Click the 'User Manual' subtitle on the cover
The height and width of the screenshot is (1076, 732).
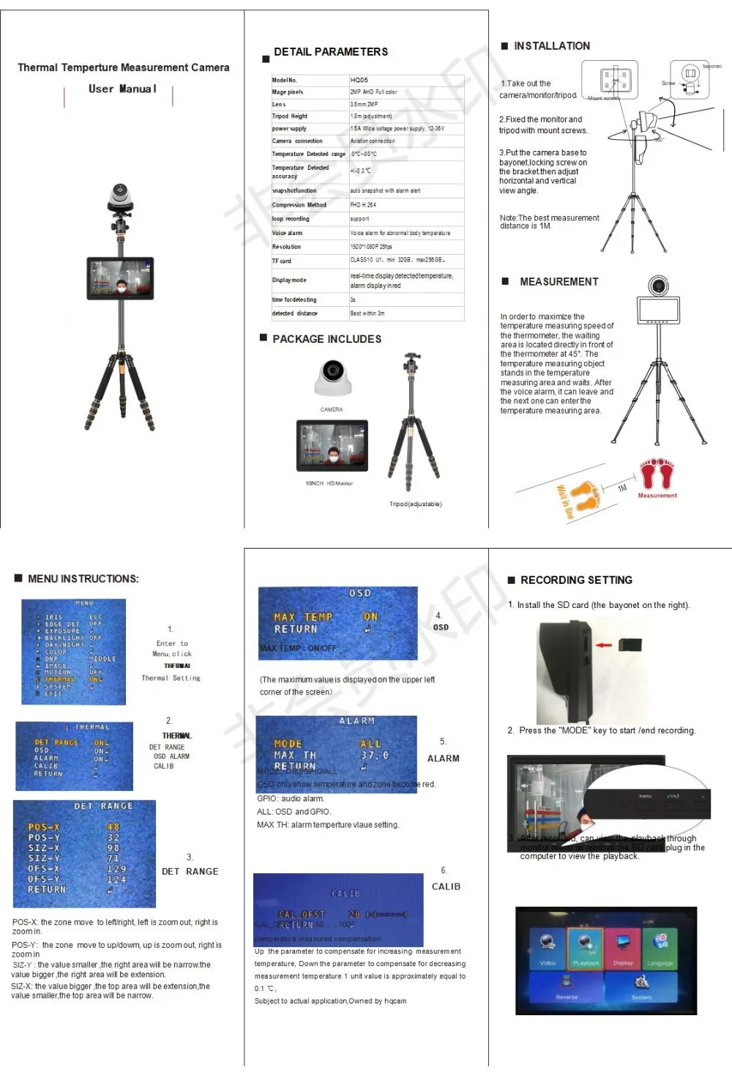coord(122,89)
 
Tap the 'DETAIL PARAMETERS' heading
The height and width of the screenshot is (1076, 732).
coord(330,52)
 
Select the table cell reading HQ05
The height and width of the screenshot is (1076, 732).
coord(359,80)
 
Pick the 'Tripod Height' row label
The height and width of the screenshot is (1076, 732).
coord(290,116)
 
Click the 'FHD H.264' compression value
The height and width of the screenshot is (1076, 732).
coord(363,205)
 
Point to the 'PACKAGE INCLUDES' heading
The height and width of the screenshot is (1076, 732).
coord(326,339)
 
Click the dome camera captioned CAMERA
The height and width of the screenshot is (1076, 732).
coord(333,377)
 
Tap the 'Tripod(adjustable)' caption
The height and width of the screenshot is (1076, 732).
coord(415,504)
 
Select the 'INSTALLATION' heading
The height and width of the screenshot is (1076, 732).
coord(551,46)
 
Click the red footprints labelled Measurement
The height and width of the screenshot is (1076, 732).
coord(657,474)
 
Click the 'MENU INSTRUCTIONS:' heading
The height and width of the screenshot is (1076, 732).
coord(83,579)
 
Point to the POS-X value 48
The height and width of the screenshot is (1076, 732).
coord(113,827)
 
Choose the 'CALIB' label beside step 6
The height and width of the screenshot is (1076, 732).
coord(446,886)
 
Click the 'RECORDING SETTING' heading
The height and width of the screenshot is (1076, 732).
coord(576,580)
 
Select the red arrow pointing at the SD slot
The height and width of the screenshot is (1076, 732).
coord(603,645)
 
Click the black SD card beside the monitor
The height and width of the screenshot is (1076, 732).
coord(630,645)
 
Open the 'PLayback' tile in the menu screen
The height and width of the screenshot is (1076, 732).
coord(585,949)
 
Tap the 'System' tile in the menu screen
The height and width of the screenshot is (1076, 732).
coord(641,986)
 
